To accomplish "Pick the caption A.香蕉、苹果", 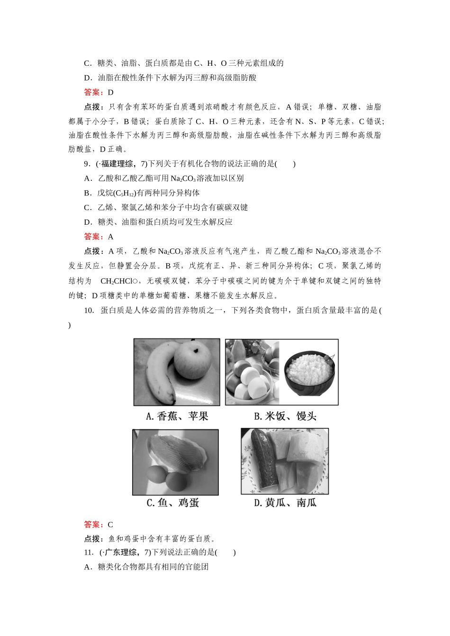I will pos(177,416).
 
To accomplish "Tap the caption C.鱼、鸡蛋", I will pos(172,503).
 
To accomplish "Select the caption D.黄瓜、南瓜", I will pos(285,503).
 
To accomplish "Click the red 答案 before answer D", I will pos(95,92).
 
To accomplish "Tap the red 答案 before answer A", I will pos(95,237).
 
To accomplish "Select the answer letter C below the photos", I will pos(110,524).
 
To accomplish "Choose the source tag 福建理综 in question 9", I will pos(117,164).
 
